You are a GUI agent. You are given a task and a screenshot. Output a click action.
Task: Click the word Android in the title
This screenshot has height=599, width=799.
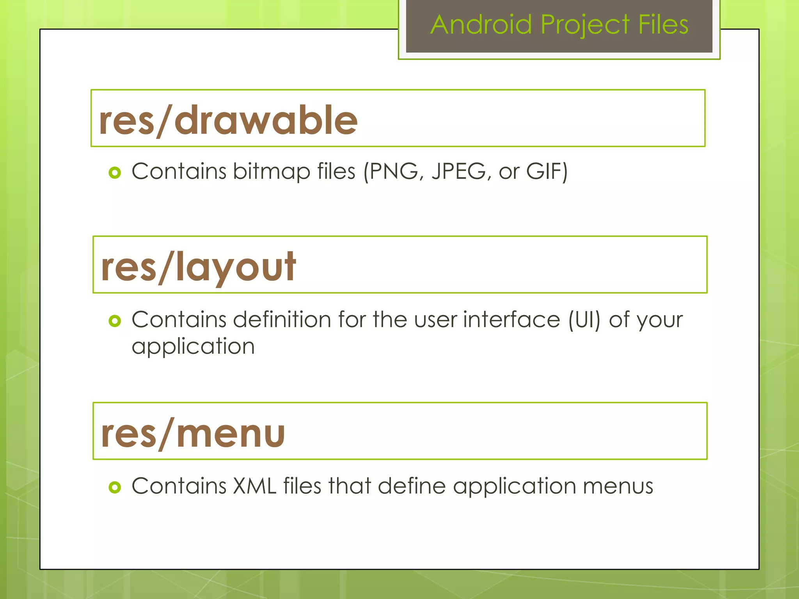pyautogui.click(x=481, y=25)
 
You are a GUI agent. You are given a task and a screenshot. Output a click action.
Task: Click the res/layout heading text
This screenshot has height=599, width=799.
pyautogui.click(x=198, y=267)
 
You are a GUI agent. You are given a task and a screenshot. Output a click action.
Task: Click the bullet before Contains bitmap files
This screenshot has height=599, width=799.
pyautogui.click(x=115, y=172)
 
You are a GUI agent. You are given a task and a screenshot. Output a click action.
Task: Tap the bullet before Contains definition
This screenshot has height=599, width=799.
pyautogui.click(x=115, y=321)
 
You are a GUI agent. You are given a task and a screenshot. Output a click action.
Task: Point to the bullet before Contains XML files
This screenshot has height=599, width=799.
pyautogui.click(x=115, y=487)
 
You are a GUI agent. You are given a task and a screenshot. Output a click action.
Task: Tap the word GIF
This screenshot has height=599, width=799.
pyautogui.click(x=544, y=172)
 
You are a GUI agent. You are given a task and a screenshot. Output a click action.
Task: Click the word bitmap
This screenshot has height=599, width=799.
pyautogui.click(x=272, y=172)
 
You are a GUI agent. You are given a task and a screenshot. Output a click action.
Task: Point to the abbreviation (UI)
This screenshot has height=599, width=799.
pyautogui.click(x=584, y=320)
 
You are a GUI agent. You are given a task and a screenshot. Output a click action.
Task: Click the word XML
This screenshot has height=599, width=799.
pyautogui.click(x=254, y=486)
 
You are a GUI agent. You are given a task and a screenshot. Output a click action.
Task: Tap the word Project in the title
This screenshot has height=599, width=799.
pyautogui.click(x=585, y=25)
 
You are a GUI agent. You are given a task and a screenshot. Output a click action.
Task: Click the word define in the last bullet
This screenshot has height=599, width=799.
pyautogui.click(x=412, y=486)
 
